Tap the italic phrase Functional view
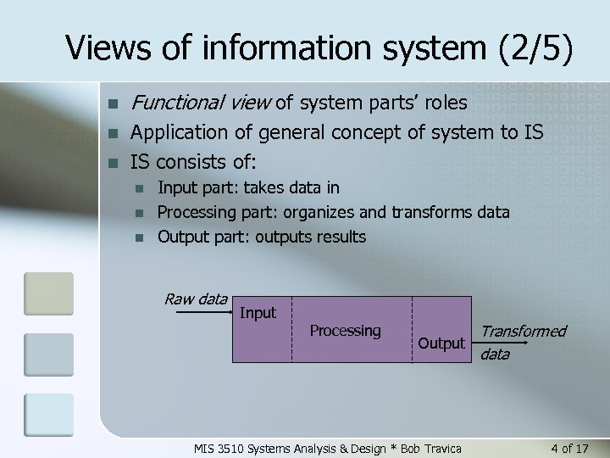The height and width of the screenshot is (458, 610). point(200,103)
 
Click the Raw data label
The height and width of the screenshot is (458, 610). point(196,299)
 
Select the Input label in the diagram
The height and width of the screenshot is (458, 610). point(258,313)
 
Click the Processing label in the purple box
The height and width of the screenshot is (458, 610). point(345,330)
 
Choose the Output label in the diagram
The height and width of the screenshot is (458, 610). point(441,343)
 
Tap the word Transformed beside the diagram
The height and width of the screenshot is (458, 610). point(523,331)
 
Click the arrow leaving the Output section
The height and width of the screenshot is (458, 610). point(494,344)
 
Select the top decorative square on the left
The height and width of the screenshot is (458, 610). point(48,293)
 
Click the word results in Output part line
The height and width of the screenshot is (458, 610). point(341,237)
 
